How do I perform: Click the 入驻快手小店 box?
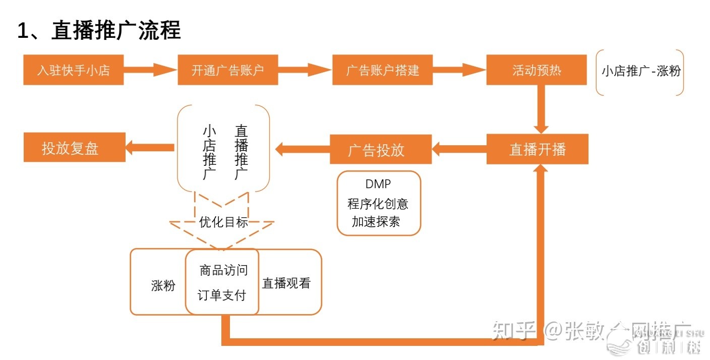click(74, 70)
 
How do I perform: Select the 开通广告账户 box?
click(228, 70)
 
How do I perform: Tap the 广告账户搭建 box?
click(382, 70)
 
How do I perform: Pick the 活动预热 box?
click(537, 70)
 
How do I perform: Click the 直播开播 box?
click(538, 149)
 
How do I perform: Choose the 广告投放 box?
click(381, 149)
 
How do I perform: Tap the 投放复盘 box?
click(75, 147)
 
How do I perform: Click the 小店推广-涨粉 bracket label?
click(640, 71)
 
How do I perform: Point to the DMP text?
click(378, 185)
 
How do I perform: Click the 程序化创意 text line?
click(378, 204)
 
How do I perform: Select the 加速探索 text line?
click(376, 221)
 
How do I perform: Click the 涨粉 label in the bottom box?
click(163, 285)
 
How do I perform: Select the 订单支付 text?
click(222, 295)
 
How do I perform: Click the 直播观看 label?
click(286, 283)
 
